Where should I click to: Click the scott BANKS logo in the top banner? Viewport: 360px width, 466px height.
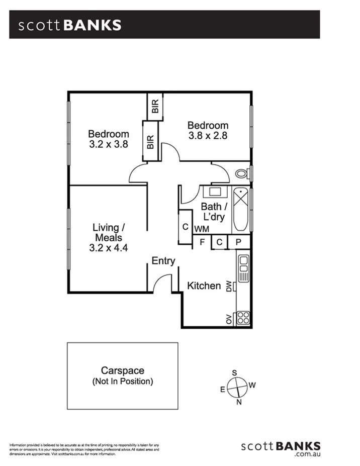tap(70, 25)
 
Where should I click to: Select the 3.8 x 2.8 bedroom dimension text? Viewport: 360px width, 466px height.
tap(208, 135)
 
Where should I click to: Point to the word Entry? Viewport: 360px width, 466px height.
tap(163, 261)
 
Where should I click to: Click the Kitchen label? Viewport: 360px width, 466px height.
tap(204, 286)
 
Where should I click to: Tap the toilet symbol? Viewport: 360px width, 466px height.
tap(243, 174)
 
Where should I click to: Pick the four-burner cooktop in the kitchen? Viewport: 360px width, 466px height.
tap(243, 318)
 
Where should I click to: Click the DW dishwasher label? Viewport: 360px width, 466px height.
tap(229, 287)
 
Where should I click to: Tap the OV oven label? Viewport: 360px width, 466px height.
tap(229, 318)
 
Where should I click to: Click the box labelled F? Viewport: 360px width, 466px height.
tap(202, 242)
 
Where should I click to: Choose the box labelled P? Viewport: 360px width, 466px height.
tap(239, 242)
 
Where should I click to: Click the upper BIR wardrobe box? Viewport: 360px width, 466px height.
tap(155, 106)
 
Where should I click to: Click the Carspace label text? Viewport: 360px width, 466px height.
tap(122, 370)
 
